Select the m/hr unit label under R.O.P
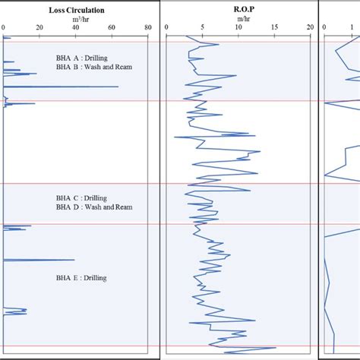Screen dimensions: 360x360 point(238,20)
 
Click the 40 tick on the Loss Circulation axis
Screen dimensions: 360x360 point(75,28)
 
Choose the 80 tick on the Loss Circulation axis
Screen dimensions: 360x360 point(147,28)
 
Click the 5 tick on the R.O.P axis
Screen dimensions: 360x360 point(202,28)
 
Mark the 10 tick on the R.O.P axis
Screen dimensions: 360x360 point(238,28)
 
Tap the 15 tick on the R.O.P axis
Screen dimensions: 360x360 point(274,28)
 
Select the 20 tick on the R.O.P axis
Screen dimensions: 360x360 point(310,28)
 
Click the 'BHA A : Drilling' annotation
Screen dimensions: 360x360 point(82,57)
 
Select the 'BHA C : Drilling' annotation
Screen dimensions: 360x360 point(82,196)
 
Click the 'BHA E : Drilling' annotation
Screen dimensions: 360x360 point(81,278)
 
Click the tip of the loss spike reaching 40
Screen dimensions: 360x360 point(74,261)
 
